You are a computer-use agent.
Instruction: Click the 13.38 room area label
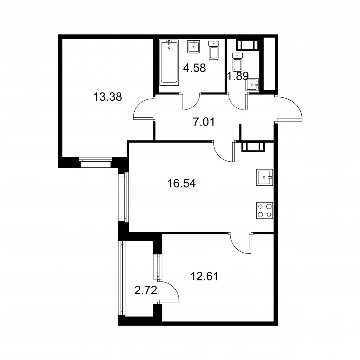107,97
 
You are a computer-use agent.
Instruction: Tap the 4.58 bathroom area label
194,68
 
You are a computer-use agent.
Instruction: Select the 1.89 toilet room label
238,76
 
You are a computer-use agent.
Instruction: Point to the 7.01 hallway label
204,122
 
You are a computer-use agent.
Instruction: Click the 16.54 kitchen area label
181,184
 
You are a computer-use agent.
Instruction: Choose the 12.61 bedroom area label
204,276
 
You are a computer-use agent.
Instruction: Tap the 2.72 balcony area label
145,291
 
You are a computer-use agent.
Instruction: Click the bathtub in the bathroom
169,62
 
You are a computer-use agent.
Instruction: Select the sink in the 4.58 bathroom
194,47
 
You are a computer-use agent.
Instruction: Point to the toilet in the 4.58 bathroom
213,50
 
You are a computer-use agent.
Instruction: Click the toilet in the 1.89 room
237,62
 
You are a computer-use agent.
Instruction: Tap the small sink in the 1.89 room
252,85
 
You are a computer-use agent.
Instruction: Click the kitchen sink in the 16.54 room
265,177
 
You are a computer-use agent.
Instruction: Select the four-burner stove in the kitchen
265,210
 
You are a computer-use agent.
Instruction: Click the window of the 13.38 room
96,162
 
